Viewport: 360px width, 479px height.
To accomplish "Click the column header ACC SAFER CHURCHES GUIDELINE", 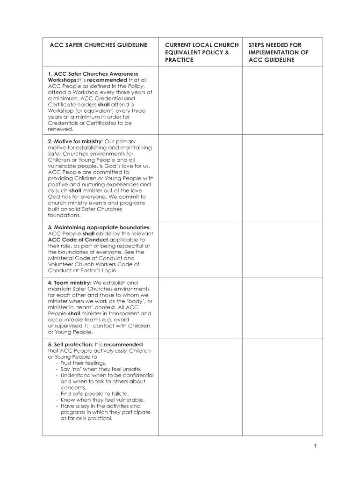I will click(x=99, y=45).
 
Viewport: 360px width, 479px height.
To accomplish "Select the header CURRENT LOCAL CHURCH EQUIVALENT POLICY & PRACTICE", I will click(x=202, y=52).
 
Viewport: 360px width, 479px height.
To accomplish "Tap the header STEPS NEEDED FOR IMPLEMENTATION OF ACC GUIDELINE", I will click(x=279, y=52).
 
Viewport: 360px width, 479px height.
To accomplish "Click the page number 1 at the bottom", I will click(x=316, y=446).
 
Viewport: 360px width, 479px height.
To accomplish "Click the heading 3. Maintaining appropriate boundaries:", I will click(x=99, y=227).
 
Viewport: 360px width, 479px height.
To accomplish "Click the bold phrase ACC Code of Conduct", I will click(x=78, y=239).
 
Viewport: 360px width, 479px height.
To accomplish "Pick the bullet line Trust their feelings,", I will click(x=83, y=363).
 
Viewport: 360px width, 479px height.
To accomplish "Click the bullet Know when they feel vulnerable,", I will click(x=102, y=400).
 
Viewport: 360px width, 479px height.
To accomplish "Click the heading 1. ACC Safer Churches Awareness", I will click(x=93, y=74).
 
